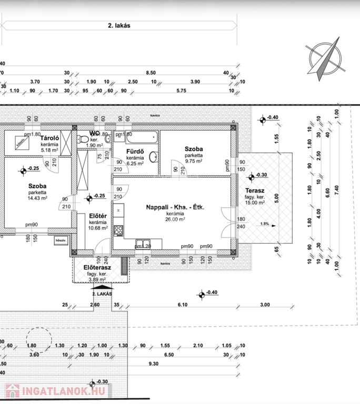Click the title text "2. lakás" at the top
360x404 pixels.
[x=119, y=25]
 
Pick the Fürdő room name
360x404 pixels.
[x=135, y=152]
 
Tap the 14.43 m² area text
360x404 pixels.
[x=37, y=198]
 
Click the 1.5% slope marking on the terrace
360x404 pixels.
[x=264, y=224]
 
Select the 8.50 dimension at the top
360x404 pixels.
[x=151, y=73]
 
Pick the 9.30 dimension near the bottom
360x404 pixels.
[x=154, y=364]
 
